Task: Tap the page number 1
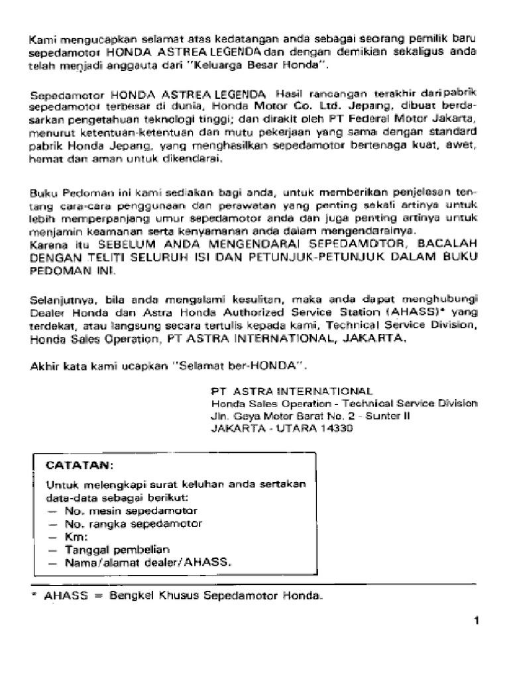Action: pos(477,621)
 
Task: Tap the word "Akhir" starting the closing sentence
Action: pos(44,365)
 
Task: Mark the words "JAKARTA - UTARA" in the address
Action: pos(262,428)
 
